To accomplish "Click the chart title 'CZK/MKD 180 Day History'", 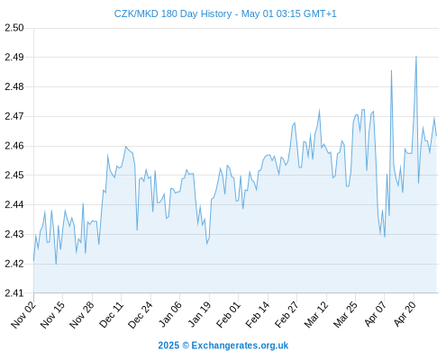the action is (x=173, y=13).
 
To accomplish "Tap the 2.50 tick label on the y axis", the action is (x=14, y=28).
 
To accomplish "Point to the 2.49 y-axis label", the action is (x=14, y=57).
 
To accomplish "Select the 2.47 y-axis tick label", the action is (x=14, y=116).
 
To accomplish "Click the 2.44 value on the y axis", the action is (x=14, y=204).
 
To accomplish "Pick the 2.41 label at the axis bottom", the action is (x=14, y=293).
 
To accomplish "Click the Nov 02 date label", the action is (x=23, y=315).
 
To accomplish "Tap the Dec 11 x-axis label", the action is (x=112, y=315).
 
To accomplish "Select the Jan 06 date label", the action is (x=170, y=315).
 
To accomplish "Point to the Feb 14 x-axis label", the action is (x=258, y=315).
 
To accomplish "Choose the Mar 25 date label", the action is (x=346, y=315).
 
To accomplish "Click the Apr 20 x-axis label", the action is (x=405, y=315).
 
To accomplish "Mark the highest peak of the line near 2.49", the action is (x=416, y=57).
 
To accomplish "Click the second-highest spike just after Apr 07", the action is (x=391, y=70).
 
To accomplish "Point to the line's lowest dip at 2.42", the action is (x=56, y=264).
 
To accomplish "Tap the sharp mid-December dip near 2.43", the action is (x=137, y=230).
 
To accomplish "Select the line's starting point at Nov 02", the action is (x=33, y=260).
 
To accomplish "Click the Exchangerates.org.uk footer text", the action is (x=240, y=346).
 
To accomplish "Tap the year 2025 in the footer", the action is (x=168, y=346).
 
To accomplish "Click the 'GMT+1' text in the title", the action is (x=320, y=13).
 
